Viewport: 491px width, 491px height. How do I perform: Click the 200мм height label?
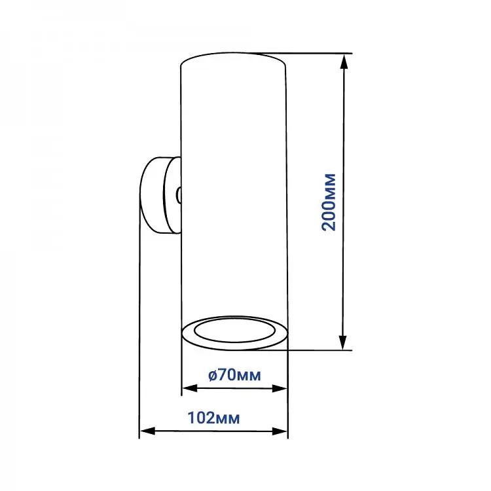(x=329, y=202)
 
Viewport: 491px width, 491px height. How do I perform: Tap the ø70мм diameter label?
(x=234, y=375)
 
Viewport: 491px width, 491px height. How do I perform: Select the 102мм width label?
(x=213, y=418)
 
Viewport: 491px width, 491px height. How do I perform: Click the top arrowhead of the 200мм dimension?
(x=344, y=61)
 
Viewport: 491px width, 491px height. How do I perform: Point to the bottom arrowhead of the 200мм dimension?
(x=343, y=342)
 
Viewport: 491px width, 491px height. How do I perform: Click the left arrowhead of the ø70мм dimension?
(x=190, y=388)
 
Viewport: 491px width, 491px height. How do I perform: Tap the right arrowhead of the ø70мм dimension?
(x=280, y=389)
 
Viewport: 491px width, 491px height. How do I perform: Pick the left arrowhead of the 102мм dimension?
(x=147, y=431)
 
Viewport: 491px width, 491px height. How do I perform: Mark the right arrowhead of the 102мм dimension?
(x=280, y=431)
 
